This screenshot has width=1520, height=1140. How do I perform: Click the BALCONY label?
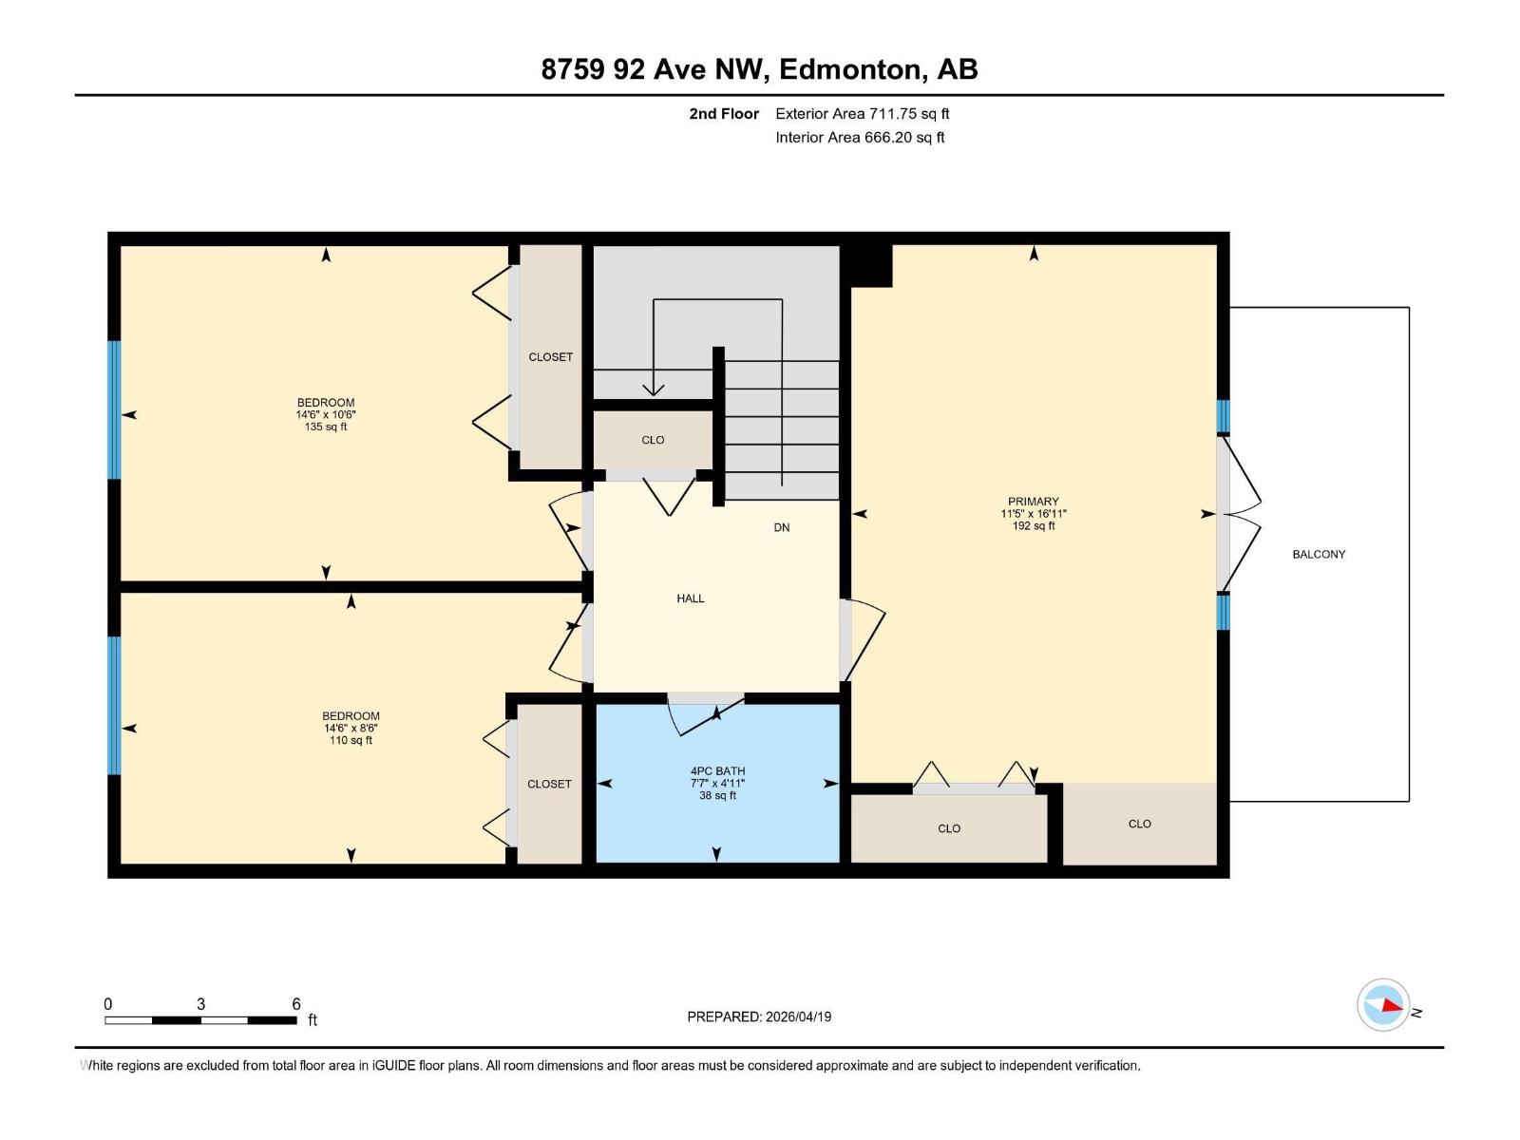click(1319, 554)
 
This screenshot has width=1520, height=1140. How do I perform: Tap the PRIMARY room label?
click(1033, 502)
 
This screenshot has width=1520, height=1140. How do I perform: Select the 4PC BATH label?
click(717, 771)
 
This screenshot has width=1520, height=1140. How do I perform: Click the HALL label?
click(691, 598)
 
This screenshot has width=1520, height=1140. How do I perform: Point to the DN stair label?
click(781, 527)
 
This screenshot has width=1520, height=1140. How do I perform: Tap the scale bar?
click(200, 1020)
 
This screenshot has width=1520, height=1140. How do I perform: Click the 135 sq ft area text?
click(326, 427)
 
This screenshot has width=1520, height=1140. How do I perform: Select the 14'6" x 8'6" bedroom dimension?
click(351, 729)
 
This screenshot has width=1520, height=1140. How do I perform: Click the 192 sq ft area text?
click(1033, 526)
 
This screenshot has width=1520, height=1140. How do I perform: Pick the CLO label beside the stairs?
click(653, 440)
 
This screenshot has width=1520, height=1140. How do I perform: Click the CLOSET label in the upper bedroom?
click(550, 357)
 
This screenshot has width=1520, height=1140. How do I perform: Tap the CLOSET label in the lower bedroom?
click(549, 784)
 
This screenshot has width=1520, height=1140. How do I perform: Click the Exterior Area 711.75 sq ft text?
click(862, 114)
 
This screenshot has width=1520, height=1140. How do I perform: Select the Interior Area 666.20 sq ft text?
click(860, 138)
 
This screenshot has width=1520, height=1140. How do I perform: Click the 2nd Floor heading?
click(724, 114)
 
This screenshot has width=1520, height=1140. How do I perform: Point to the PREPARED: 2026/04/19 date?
click(759, 1016)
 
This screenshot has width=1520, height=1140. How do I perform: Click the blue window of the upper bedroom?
click(114, 409)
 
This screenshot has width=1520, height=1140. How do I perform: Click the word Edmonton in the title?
click(850, 69)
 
